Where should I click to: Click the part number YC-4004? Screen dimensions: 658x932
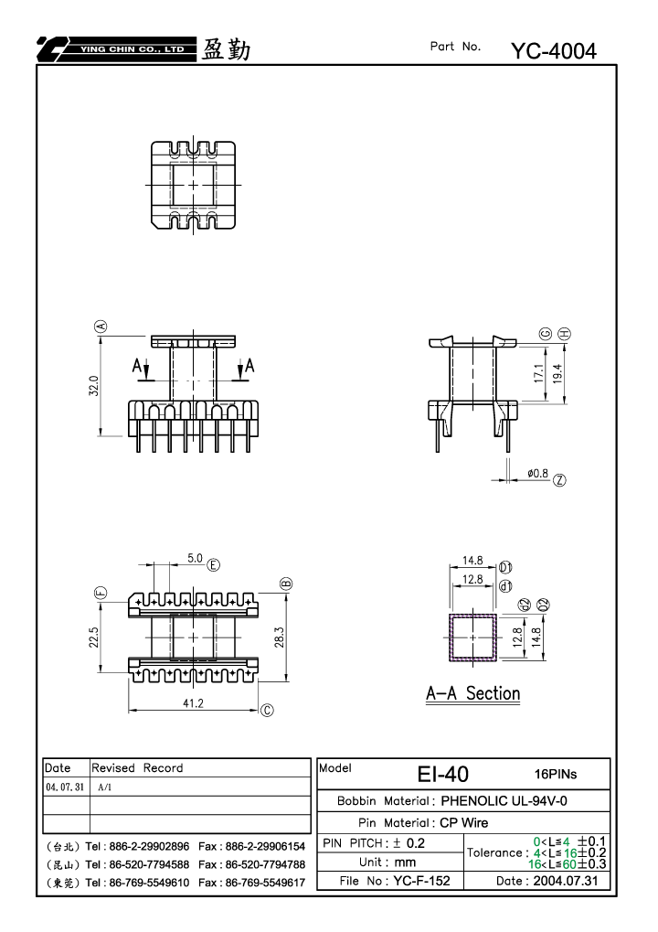(x=554, y=51)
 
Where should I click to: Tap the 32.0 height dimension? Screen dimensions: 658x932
(x=94, y=385)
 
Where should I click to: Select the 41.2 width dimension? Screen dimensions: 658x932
(x=193, y=703)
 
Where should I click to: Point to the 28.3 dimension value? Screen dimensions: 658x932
(x=280, y=637)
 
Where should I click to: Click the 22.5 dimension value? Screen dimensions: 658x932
(x=94, y=637)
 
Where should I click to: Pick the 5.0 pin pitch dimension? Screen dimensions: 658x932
(x=195, y=558)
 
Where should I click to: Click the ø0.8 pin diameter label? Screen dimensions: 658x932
(x=538, y=473)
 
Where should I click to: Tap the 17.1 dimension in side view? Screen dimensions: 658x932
(x=538, y=373)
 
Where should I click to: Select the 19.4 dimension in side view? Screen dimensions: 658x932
(x=557, y=373)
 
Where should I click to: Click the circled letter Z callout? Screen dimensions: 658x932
(x=559, y=480)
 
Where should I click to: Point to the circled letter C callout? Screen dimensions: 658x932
(x=267, y=711)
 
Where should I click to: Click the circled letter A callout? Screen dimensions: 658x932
(x=101, y=326)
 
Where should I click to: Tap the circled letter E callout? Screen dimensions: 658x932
(x=213, y=564)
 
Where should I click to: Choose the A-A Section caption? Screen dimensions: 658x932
(x=472, y=693)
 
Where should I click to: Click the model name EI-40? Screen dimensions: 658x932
(x=443, y=774)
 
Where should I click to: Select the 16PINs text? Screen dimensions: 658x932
(x=556, y=774)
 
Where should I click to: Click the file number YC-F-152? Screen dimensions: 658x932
(x=421, y=881)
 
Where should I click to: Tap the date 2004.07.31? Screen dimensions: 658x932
(x=566, y=881)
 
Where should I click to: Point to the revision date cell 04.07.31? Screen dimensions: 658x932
(x=65, y=787)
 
